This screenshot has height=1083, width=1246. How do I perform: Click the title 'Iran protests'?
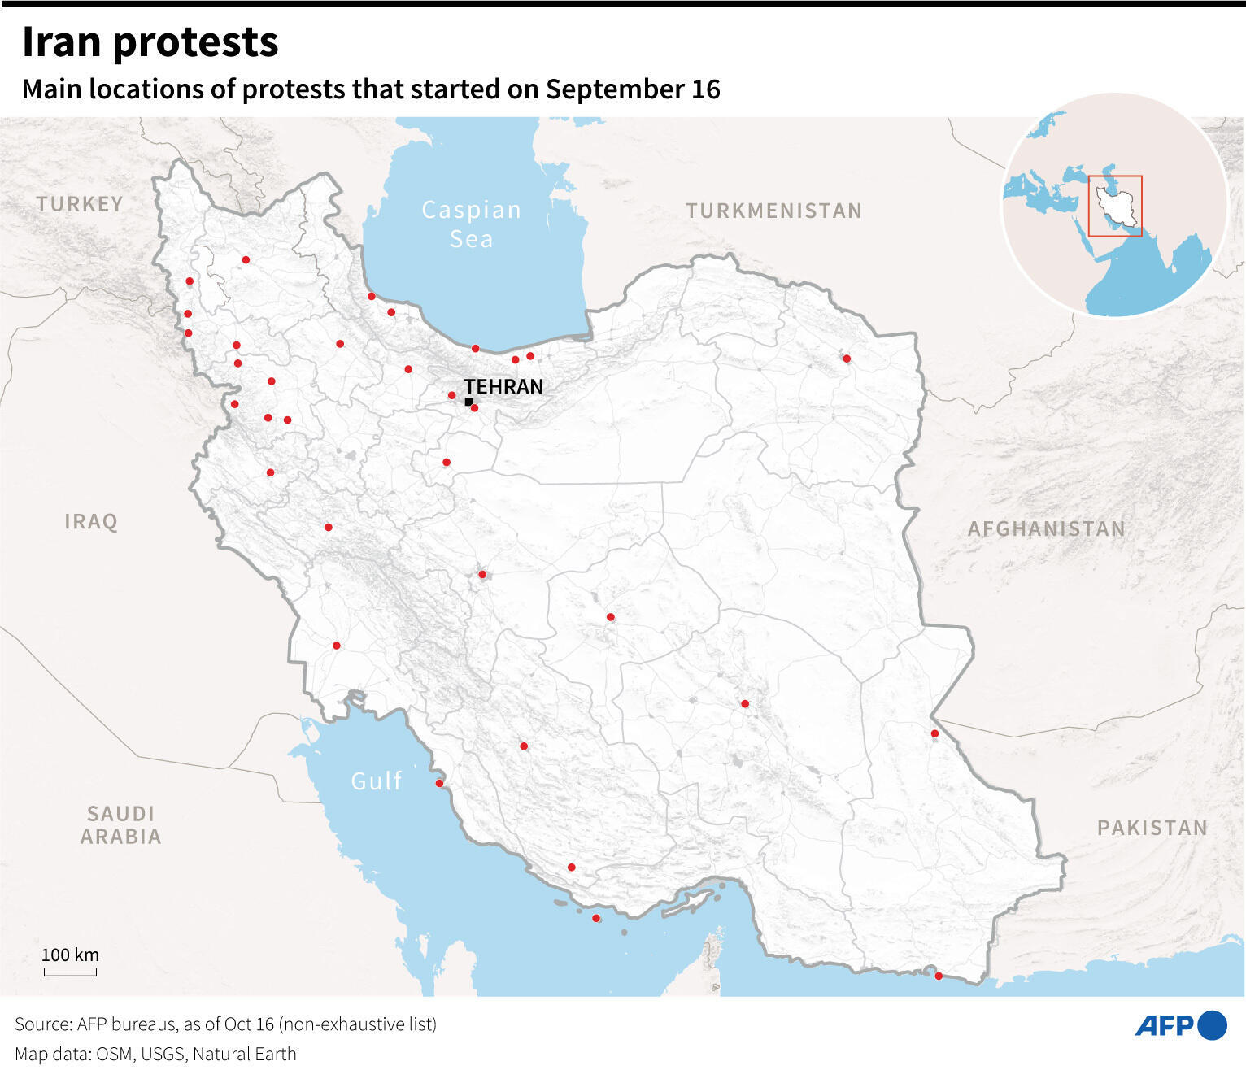tap(150, 42)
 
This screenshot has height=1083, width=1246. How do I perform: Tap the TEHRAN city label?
tap(503, 387)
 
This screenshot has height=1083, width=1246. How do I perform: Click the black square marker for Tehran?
tap(468, 402)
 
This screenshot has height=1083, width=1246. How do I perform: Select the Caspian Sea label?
tap(471, 224)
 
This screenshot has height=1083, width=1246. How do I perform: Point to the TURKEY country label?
tap(80, 204)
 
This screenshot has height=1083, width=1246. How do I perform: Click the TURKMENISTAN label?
tap(773, 211)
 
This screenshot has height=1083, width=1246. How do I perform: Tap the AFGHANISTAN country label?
tap(1047, 529)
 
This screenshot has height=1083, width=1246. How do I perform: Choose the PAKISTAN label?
tap(1152, 829)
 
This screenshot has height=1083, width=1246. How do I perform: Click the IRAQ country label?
tap(91, 522)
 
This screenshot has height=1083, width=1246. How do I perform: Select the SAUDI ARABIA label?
tap(121, 825)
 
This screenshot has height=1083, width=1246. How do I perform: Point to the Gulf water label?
tap(377, 781)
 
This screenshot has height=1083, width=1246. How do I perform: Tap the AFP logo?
tap(1180, 1026)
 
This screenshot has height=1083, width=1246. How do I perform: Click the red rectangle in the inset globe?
tap(1115, 206)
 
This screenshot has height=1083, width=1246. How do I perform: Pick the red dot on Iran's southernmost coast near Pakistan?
tap(939, 976)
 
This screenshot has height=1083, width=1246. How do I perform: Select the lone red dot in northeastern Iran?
tap(847, 359)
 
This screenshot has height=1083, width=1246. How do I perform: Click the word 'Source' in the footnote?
tap(41, 1024)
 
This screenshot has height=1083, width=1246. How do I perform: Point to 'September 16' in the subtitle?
tap(633, 89)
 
